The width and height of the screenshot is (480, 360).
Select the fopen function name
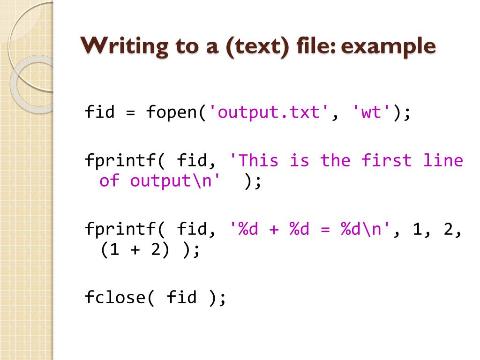pyautogui.click(x=172, y=112)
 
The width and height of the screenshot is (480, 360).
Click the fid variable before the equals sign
pyautogui.click(x=100, y=112)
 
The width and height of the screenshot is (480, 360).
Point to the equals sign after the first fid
pyautogui.click(x=130, y=112)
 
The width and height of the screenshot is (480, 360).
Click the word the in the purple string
pyautogui.click(x=335, y=161)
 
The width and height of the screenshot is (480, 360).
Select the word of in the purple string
pyautogui.click(x=110, y=181)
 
